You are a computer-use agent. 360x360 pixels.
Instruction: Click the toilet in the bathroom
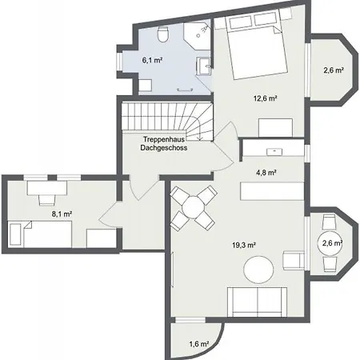point(163,34)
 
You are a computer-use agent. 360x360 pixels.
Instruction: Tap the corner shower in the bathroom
point(198,34)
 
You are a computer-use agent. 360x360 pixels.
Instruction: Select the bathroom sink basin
point(203,66)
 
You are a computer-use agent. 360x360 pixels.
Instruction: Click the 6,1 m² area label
point(152,60)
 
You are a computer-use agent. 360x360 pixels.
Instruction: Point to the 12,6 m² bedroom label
point(265,98)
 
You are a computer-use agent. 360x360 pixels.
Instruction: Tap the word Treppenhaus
point(164,139)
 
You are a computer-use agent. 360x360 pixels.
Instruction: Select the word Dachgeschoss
point(164,147)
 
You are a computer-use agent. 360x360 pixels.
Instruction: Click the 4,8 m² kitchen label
point(266,173)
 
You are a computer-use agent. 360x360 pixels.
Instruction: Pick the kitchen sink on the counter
point(274,151)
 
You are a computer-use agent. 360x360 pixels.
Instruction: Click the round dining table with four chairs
point(193,207)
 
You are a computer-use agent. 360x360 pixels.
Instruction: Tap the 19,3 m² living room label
point(244,245)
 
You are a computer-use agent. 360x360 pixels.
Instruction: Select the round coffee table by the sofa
point(258,270)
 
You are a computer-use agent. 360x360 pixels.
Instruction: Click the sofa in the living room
point(257,302)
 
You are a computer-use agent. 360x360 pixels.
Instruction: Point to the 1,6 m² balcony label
point(199,344)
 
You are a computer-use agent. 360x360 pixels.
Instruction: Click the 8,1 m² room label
point(62,214)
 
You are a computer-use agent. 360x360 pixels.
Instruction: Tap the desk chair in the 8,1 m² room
point(47,200)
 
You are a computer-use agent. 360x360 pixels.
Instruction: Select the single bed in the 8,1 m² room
point(41,234)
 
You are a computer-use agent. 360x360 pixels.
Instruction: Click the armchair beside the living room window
point(294,260)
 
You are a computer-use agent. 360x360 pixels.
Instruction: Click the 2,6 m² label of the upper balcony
point(334,70)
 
